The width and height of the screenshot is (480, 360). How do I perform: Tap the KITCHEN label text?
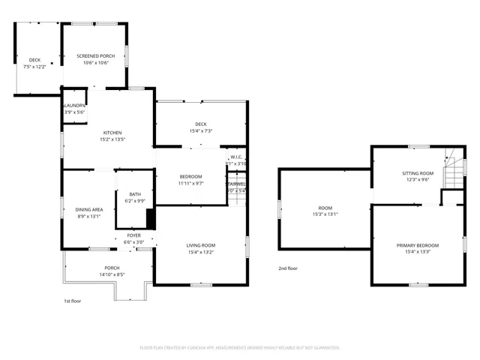(x=112, y=133)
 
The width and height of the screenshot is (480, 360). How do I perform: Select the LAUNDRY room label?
(x=75, y=106)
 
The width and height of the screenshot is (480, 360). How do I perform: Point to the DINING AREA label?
(x=88, y=209)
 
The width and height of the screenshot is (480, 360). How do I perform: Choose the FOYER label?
(x=133, y=235)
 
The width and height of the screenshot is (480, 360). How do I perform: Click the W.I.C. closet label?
(x=235, y=157)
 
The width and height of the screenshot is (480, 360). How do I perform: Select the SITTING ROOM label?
(x=418, y=173)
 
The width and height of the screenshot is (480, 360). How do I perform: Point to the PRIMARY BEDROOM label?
(x=418, y=245)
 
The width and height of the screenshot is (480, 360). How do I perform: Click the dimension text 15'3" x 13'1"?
(x=325, y=214)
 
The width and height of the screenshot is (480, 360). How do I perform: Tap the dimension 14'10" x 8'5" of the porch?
(x=112, y=274)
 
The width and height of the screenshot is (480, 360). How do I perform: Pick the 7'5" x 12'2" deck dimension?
(x=34, y=67)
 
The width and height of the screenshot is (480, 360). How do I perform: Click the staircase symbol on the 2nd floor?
(x=454, y=170)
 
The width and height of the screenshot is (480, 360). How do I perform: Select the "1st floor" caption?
(x=72, y=301)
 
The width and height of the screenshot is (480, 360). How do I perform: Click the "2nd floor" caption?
(x=288, y=268)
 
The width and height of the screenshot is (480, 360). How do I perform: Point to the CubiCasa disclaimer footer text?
(x=240, y=348)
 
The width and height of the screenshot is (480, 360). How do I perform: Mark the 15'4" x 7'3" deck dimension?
(x=200, y=131)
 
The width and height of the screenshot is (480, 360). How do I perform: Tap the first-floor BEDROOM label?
(x=190, y=176)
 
